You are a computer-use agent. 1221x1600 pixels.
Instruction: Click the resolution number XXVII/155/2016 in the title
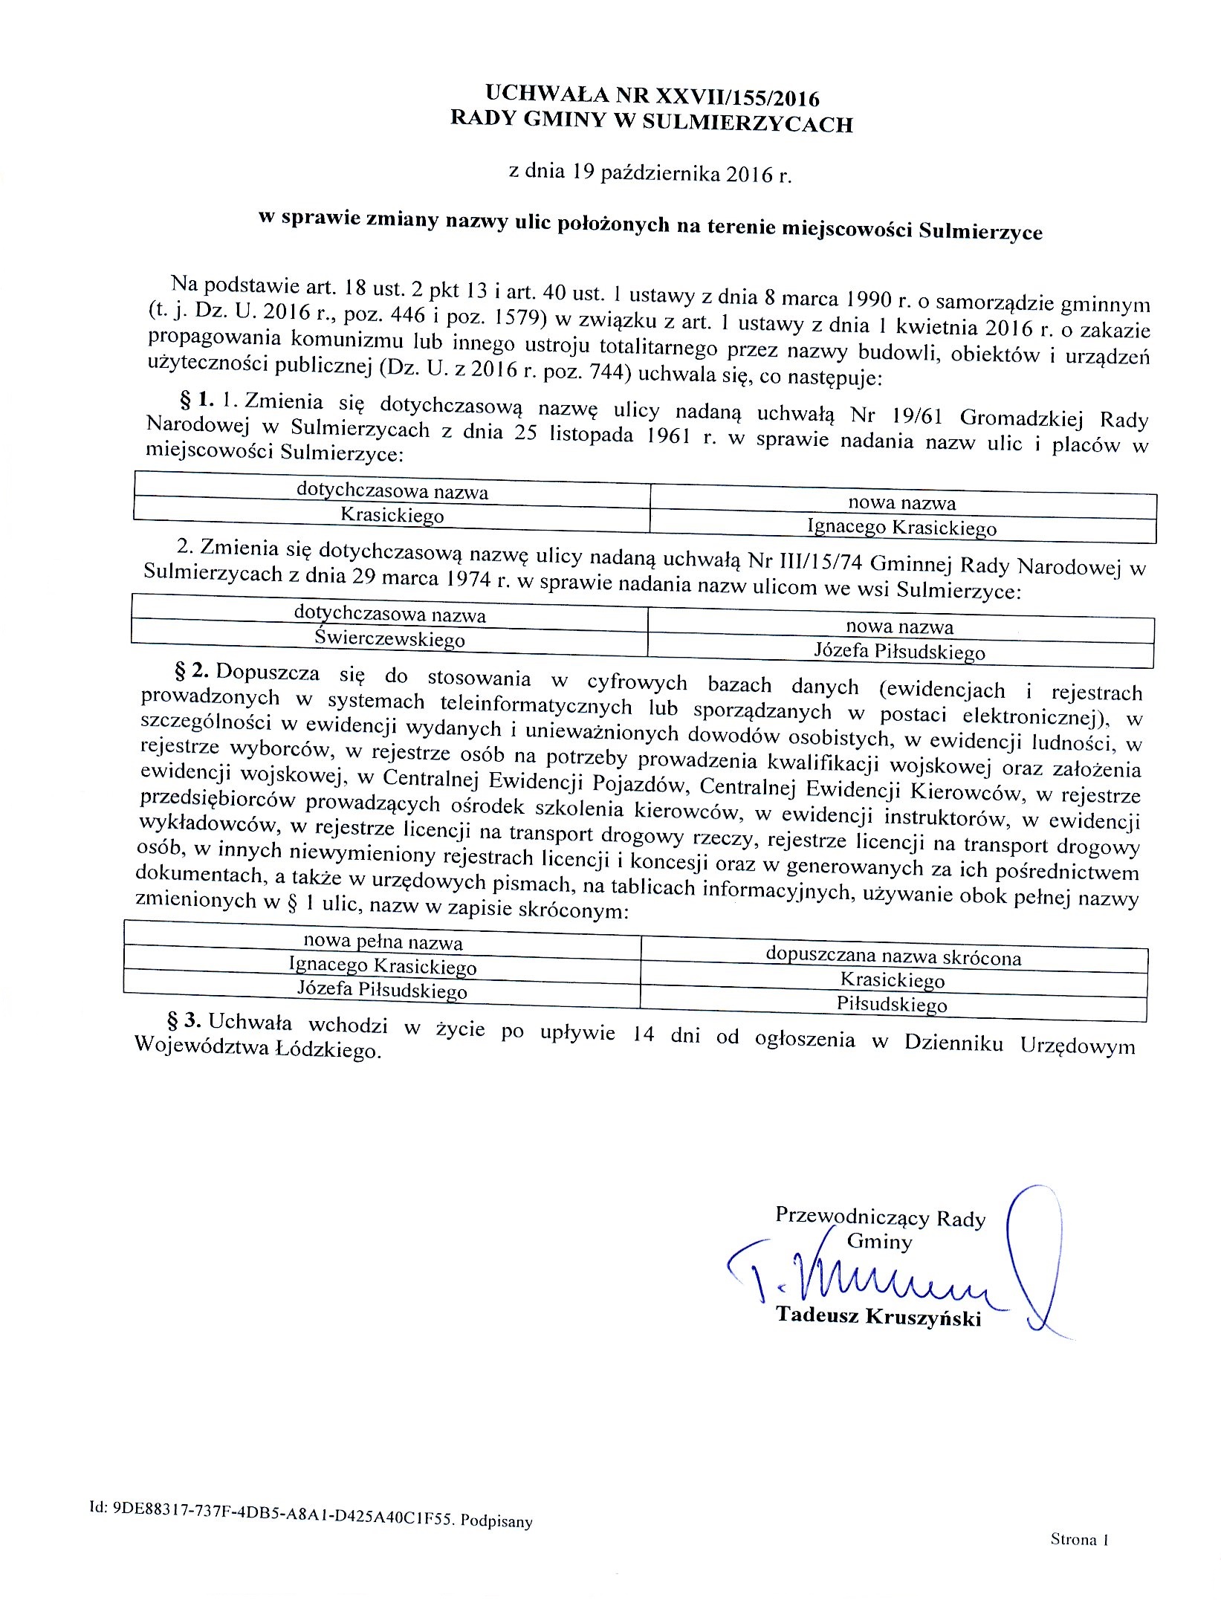[736, 97]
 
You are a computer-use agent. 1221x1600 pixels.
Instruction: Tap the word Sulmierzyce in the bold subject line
[980, 232]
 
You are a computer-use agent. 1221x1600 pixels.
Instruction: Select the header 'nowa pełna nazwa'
[383, 942]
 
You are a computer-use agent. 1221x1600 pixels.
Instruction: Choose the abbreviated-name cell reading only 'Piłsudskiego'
[892, 1005]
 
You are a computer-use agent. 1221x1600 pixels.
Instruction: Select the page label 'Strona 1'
[1079, 1540]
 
